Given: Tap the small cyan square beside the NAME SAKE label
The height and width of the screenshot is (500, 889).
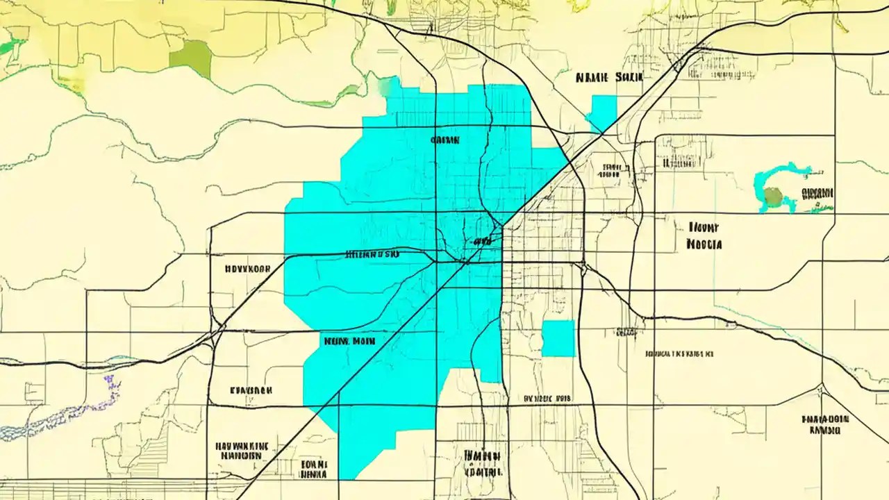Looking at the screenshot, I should tap(603, 111).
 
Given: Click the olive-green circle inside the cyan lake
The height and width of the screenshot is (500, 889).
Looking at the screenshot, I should tap(772, 199).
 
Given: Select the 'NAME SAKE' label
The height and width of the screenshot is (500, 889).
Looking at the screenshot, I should tap(609, 78).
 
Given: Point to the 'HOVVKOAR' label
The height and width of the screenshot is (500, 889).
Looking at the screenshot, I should tap(247, 268).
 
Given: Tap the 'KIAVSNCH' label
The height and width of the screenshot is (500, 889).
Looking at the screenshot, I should tap(251, 391).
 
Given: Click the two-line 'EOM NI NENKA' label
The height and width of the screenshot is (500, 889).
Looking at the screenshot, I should tap(313, 469).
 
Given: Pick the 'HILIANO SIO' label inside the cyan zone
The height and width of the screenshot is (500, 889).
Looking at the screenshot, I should tap(372, 254).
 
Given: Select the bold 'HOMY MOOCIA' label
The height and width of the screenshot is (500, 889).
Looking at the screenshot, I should tap(704, 236).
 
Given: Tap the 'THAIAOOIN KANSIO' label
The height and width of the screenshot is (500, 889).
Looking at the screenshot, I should tap(824, 424).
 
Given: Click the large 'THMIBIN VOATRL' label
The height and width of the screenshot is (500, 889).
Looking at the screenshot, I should tap(483, 463).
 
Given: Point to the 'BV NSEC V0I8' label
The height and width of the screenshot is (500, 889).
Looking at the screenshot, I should tap(547, 399).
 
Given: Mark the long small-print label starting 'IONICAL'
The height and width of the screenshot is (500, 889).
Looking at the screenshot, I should tap(679, 353).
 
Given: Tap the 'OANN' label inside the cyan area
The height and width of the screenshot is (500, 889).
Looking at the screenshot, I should tap(445, 140).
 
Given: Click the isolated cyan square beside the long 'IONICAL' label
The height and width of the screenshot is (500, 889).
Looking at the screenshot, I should tap(558, 338).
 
